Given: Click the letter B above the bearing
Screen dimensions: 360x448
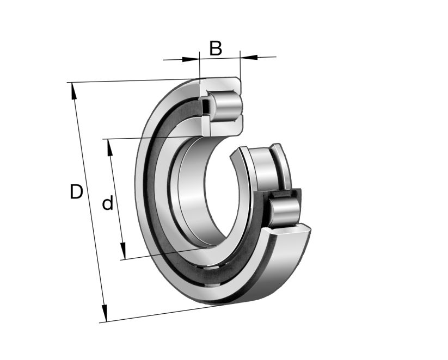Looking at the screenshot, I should pyautogui.click(x=216, y=48).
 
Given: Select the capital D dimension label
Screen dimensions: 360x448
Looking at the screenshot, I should pyautogui.click(x=76, y=192).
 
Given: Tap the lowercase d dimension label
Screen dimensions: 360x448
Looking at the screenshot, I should pyautogui.click(x=108, y=204).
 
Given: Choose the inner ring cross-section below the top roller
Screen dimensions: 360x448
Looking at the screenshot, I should pyautogui.click(x=220, y=126).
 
